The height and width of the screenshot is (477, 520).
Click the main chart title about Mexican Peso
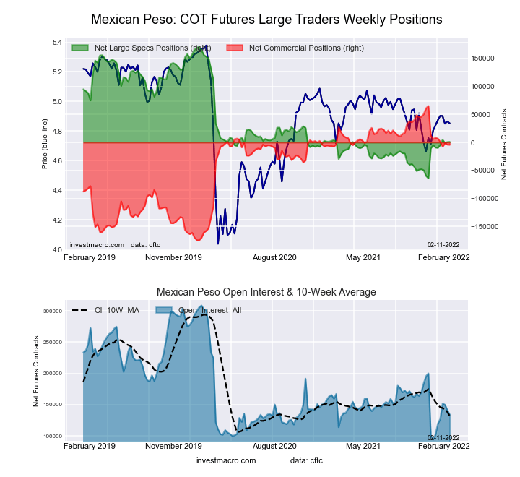(266, 18)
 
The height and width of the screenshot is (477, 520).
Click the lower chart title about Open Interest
(266, 292)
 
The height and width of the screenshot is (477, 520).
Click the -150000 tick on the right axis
(483, 226)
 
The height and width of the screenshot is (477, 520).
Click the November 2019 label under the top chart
(173, 257)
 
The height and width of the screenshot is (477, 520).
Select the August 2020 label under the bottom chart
(274, 447)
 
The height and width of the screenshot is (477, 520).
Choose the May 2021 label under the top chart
(363, 257)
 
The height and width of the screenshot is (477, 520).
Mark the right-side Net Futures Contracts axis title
(504, 145)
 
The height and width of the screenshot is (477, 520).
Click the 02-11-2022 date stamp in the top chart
(444, 245)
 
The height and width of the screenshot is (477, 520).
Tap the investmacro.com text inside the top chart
(97, 245)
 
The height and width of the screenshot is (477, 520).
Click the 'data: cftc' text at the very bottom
(306, 460)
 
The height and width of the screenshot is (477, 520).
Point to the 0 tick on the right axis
(473, 142)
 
